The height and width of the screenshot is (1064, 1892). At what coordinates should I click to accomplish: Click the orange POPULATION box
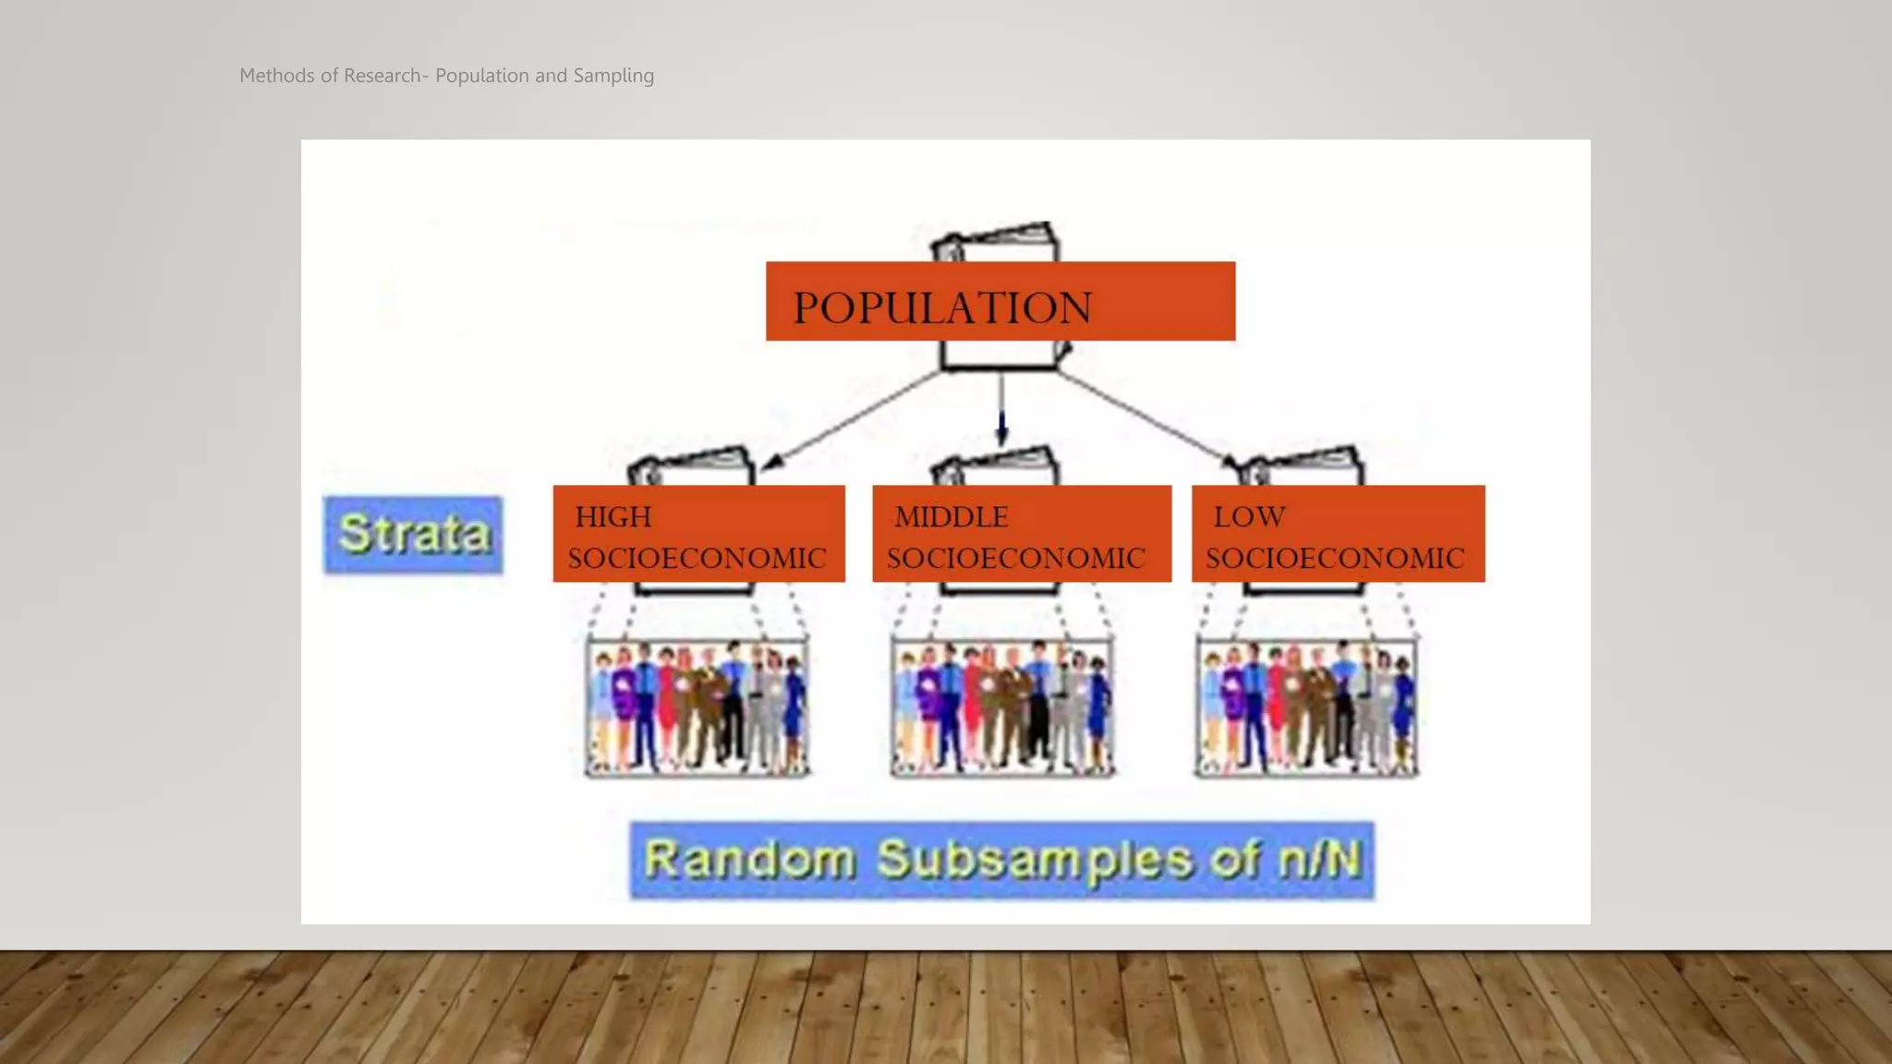pyautogui.click(x=1000, y=302)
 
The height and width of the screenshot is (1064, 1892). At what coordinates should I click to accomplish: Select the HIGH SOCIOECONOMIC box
pyautogui.click(x=698, y=534)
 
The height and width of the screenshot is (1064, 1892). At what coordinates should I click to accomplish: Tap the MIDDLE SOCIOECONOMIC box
pyautogui.click(x=1021, y=534)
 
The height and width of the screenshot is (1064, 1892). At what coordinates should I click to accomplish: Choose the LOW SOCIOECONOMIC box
pyautogui.click(x=1338, y=534)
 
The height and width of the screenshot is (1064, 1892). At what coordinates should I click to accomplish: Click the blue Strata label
pyautogui.click(x=413, y=535)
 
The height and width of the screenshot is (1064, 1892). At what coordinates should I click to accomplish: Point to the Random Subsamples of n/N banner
pyautogui.click(x=1001, y=860)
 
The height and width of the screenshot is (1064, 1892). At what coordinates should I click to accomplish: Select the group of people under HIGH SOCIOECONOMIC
pyautogui.click(x=697, y=707)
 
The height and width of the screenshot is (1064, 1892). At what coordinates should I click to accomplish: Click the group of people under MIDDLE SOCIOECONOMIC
pyautogui.click(x=1002, y=707)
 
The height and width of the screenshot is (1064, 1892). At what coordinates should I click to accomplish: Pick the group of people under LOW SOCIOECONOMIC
pyautogui.click(x=1306, y=707)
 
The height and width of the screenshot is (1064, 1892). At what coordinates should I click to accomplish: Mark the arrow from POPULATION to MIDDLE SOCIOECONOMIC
pyautogui.click(x=1001, y=411)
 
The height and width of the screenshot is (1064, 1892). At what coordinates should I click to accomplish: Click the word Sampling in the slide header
pyautogui.click(x=613, y=76)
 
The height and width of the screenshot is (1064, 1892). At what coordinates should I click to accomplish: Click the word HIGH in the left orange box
pyautogui.click(x=613, y=516)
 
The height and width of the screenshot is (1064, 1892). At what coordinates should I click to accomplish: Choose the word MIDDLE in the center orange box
pyautogui.click(x=951, y=516)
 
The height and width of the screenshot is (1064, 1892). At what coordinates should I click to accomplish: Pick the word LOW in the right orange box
pyautogui.click(x=1249, y=516)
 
